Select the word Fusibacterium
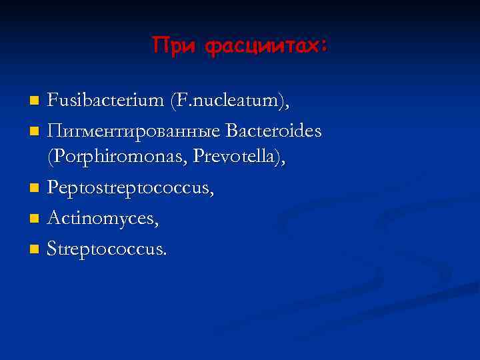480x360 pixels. coord(106,101)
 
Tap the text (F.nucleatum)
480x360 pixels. coord(229,101)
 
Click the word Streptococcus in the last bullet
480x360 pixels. coord(106,250)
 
